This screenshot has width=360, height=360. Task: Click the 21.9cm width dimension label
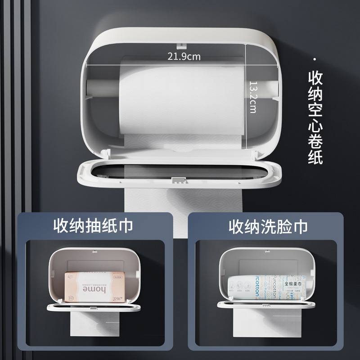click(x=184, y=56)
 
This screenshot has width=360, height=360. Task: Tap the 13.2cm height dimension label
click(x=253, y=97)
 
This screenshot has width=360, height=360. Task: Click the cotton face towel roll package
click(x=265, y=288)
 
